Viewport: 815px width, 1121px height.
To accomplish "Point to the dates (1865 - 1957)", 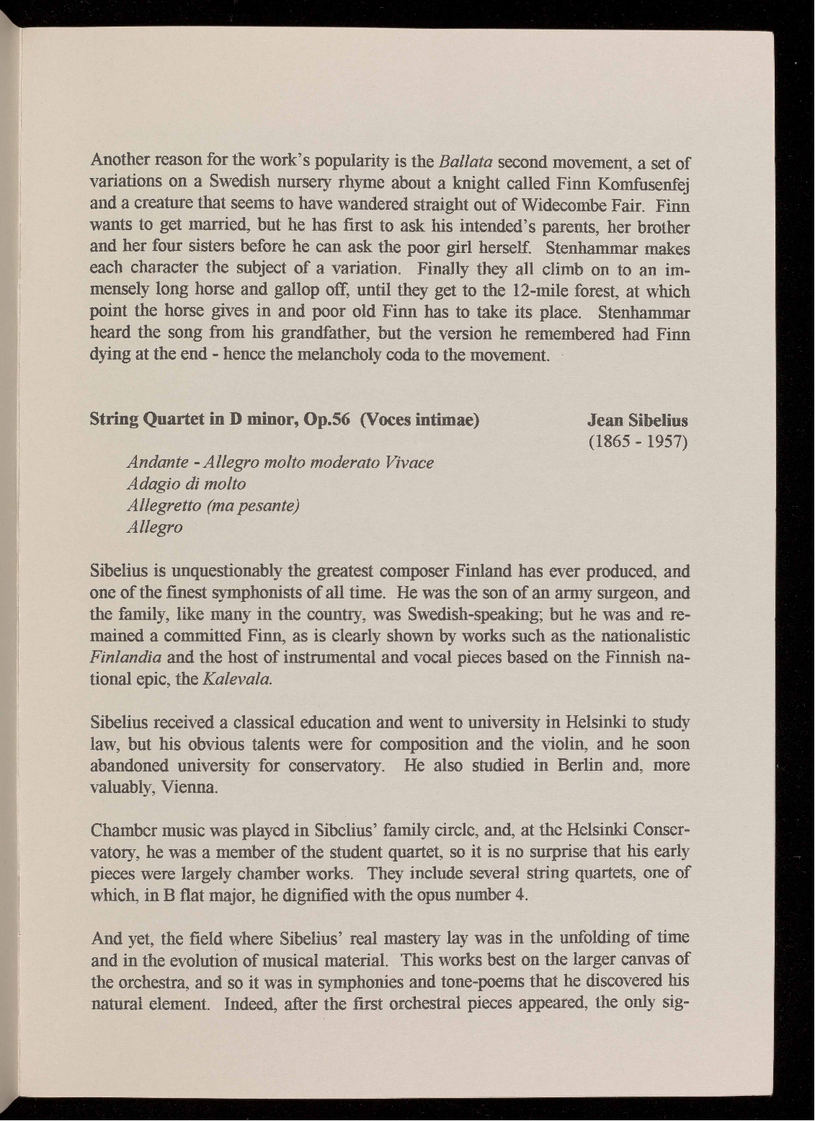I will [x=638, y=440].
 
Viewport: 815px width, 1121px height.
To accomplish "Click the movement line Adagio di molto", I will [x=186, y=483].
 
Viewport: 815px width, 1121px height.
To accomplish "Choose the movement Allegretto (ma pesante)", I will [x=213, y=505].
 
